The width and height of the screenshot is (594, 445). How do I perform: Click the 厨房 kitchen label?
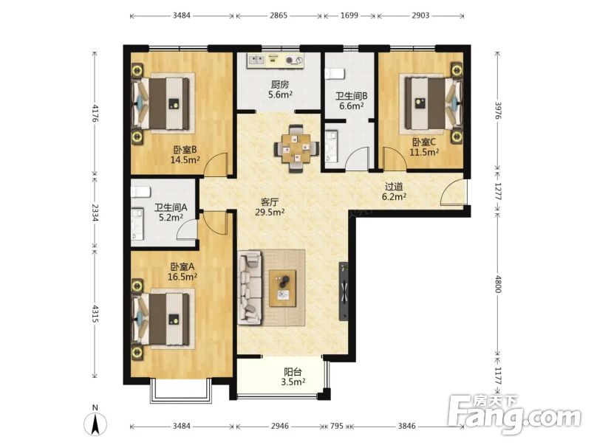[279, 84]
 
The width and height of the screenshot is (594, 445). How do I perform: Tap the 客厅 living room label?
[270, 202]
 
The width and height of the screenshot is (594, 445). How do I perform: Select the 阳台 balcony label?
[293, 372]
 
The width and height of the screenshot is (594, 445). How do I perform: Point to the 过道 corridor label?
[394, 187]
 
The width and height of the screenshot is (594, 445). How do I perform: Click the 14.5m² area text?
[185, 159]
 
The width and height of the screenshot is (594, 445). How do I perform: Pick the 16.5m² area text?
[182, 277]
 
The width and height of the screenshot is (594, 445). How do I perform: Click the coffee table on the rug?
[283, 288]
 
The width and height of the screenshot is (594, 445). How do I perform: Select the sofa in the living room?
[250, 287]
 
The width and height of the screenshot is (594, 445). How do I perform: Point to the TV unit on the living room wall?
[344, 292]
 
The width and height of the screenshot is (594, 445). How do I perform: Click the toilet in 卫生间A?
[138, 192]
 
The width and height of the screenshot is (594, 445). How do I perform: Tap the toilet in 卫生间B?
[335, 73]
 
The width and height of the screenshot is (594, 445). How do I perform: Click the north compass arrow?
[95, 423]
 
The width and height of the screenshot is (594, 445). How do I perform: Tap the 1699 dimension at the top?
[349, 15]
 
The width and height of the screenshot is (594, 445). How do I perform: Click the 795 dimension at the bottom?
[336, 426]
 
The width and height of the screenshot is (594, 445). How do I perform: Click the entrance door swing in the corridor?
[453, 192]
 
